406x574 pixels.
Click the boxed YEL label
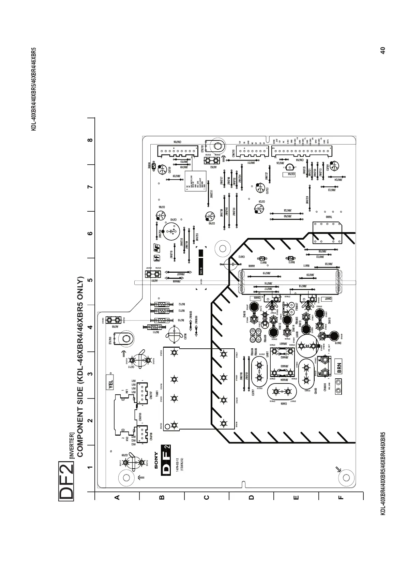[110, 382]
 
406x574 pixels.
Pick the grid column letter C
[206, 497]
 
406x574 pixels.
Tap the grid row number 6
[90, 233]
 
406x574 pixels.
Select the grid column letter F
[341, 497]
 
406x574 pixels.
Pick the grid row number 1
[90, 467]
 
